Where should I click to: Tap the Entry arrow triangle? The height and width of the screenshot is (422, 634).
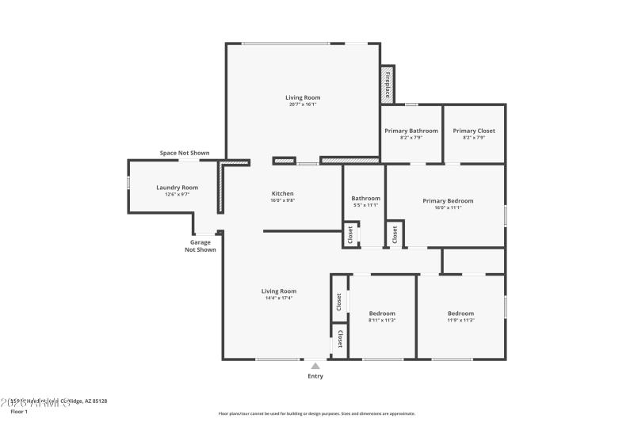click(315, 366)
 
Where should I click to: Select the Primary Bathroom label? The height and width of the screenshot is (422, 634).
click(411, 131)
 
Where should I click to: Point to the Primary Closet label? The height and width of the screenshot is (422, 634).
click(474, 131)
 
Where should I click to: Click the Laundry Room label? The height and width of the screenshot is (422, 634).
click(177, 188)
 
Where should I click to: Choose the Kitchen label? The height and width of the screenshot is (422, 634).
click(283, 193)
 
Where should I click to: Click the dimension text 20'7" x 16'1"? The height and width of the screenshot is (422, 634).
click(303, 105)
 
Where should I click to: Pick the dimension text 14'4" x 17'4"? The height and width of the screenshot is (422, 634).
click(279, 298)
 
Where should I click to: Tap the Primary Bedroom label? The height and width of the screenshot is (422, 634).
click(448, 200)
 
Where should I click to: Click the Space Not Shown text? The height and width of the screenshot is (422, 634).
click(185, 153)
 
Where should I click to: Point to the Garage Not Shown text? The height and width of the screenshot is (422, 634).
click(201, 245)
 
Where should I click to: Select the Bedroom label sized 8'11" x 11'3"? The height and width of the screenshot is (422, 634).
click(382, 314)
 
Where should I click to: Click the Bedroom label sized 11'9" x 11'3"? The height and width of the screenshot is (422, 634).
click(460, 314)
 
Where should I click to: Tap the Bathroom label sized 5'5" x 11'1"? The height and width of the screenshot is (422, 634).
click(365, 199)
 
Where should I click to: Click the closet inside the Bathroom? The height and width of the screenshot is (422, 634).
click(349, 234)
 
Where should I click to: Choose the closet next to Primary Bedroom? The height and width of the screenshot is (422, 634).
click(394, 234)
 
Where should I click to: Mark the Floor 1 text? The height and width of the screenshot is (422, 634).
click(18, 412)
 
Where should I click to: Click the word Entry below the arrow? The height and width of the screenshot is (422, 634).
click(315, 376)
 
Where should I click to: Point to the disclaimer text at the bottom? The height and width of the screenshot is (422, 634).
click(317, 413)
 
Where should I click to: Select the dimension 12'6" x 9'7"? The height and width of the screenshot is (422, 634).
click(177, 195)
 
